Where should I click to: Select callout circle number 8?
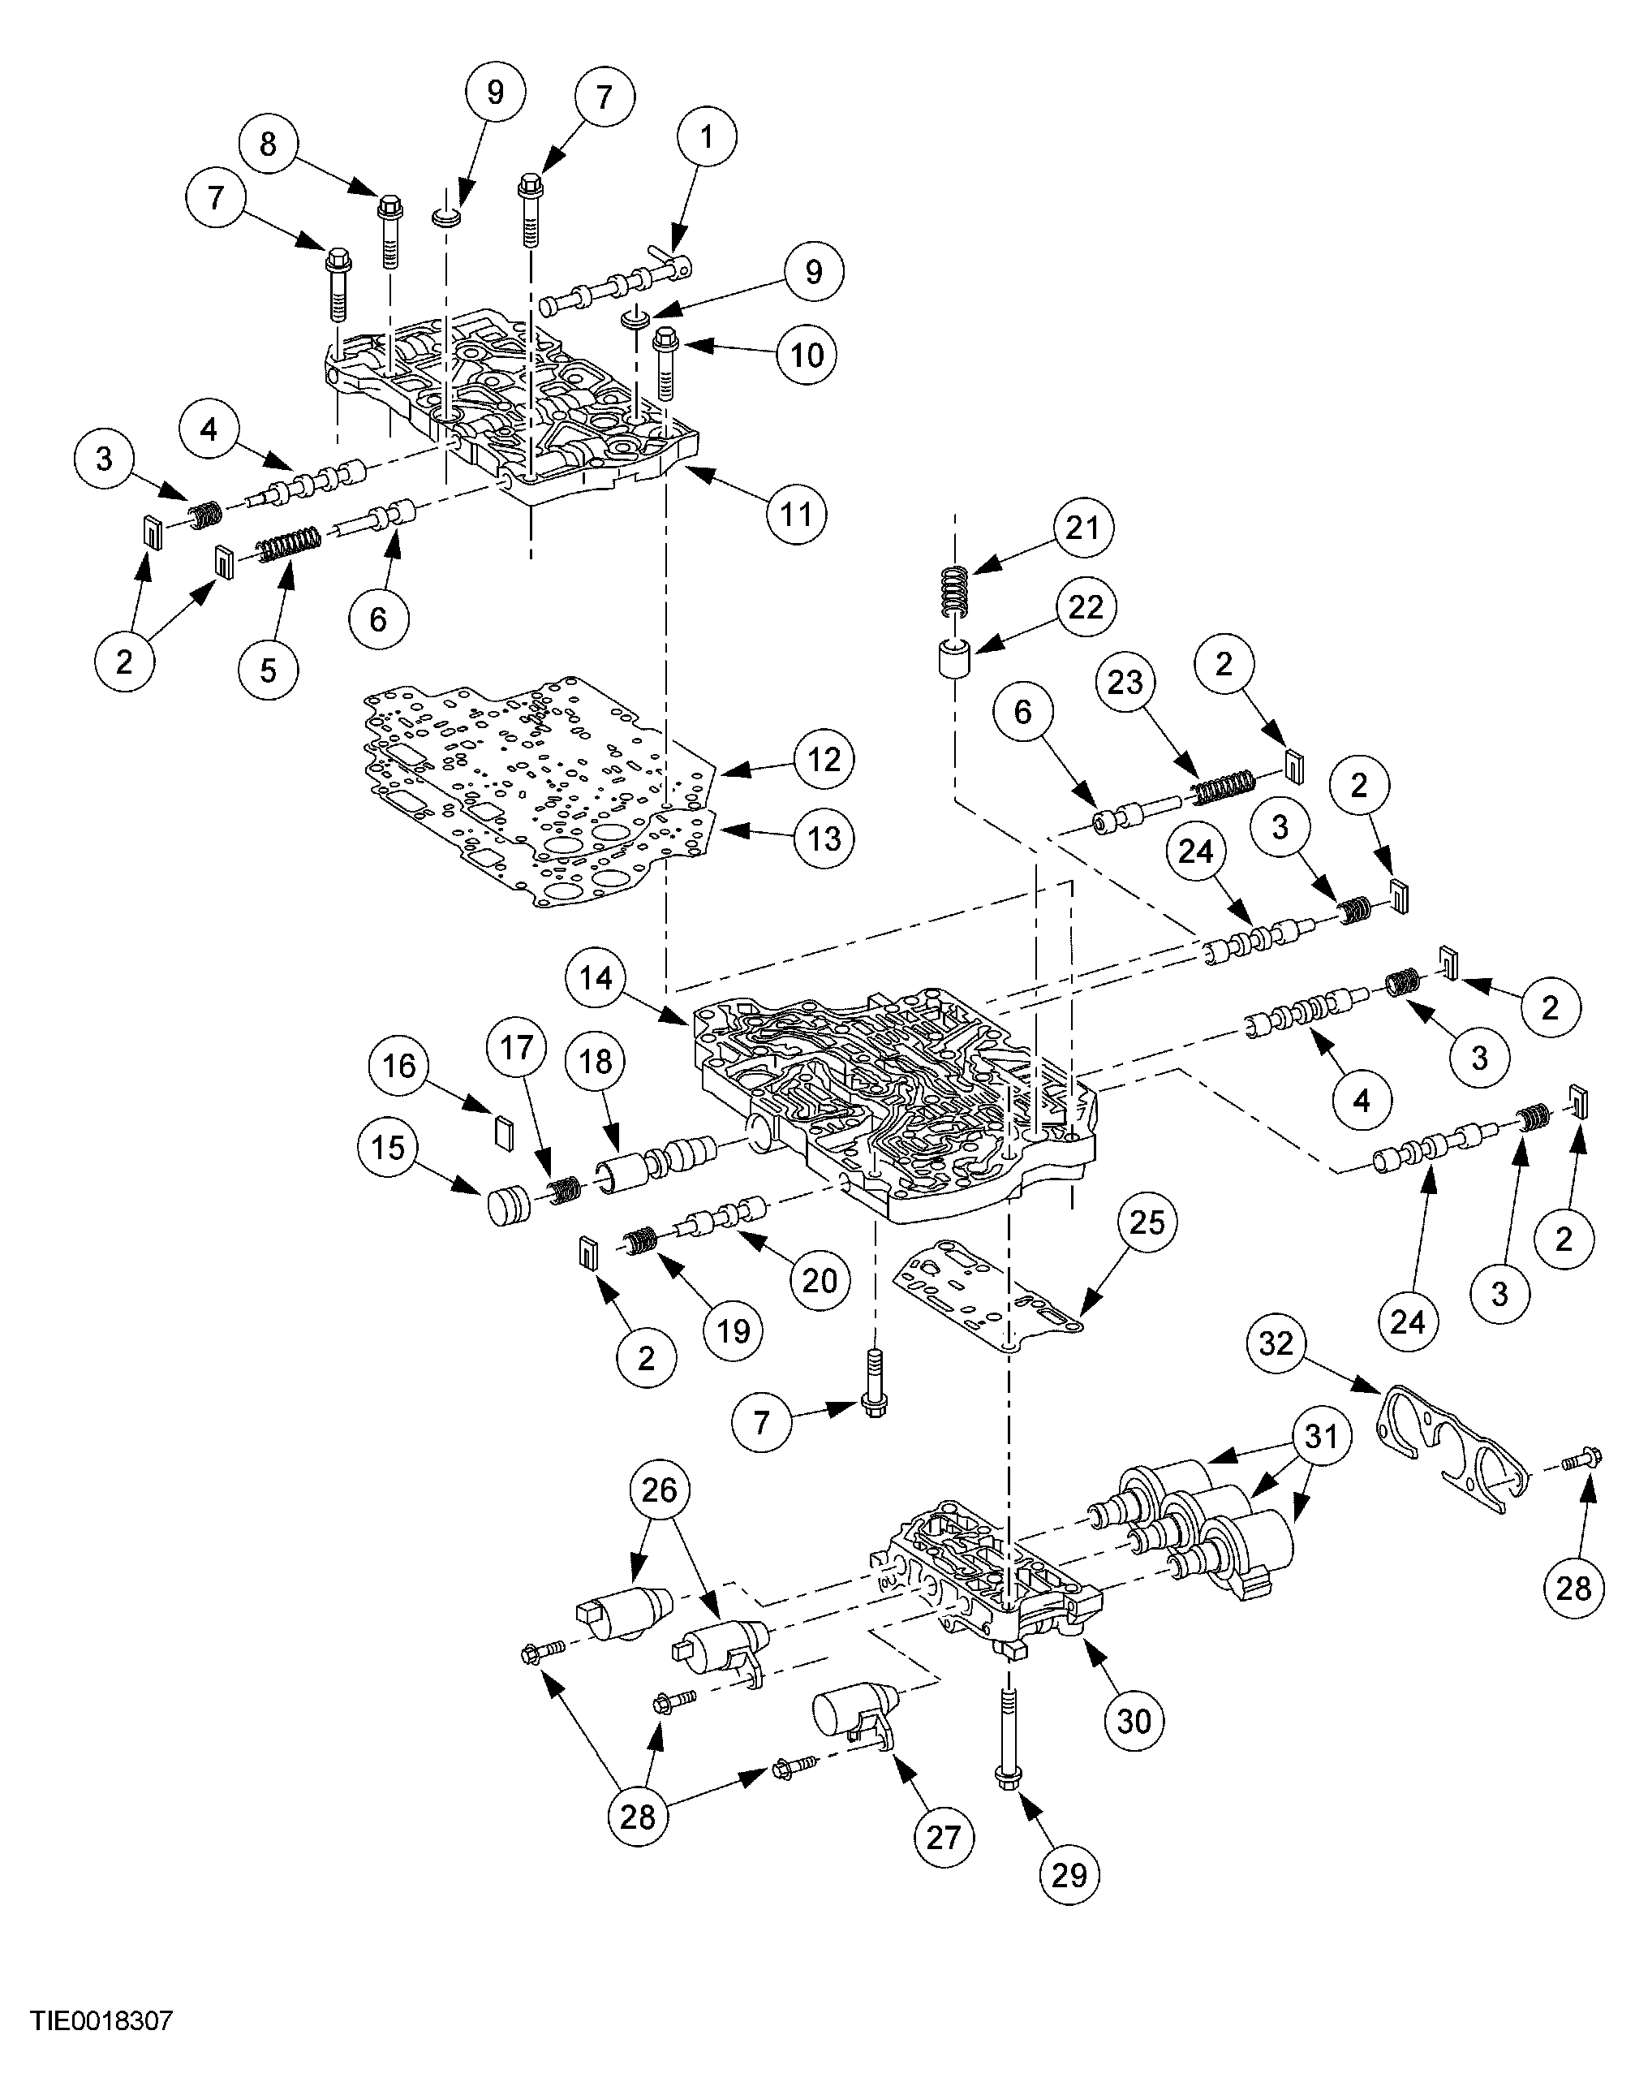pyautogui.click(x=267, y=144)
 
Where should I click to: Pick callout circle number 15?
pyautogui.click(x=388, y=1147)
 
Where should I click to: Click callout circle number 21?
pyautogui.click(x=1082, y=528)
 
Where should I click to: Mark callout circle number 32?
pyautogui.click(x=1276, y=1343)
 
